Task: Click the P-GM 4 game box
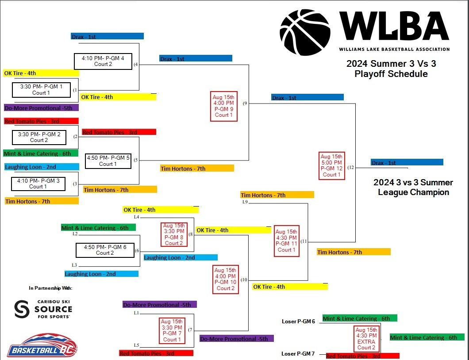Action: coord(103,61)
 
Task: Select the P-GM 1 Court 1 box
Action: coord(41,90)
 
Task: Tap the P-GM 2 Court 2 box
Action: coord(39,137)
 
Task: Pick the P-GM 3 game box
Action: coord(38,184)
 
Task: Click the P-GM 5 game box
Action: coord(108,161)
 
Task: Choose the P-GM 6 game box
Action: coord(105,250)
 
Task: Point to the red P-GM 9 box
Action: coord(223,106)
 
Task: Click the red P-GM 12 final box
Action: coord(331,165)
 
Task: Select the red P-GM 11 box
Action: coord(286,241)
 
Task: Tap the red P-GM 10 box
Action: coord(225,279)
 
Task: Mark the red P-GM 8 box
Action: coord(174,234)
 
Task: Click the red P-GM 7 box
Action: coord(172,331)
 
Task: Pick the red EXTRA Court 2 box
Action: coord(366,338)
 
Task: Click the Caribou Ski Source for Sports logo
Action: coord(43,309)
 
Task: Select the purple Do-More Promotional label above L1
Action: coord(159,304)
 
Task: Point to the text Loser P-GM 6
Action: coord(298,322)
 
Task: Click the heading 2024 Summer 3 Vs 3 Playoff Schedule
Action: coord(391,69)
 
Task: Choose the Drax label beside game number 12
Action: coord(407,163)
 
